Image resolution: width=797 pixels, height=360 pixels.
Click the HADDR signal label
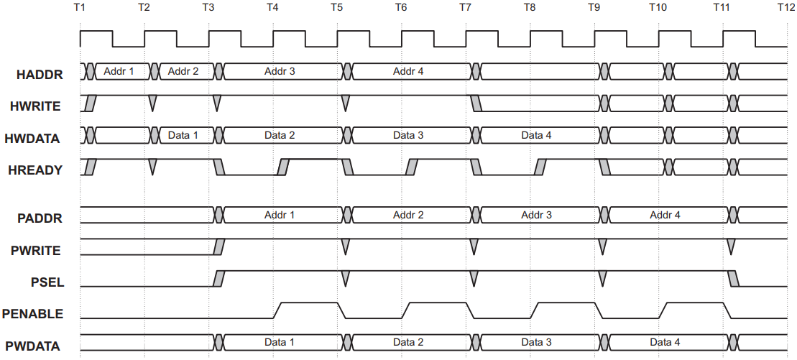tap(40, 75)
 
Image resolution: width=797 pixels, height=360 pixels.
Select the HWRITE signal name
tap(35, 107)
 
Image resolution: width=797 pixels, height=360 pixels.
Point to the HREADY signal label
tap(35, 170)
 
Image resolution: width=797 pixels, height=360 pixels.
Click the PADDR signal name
tap(40, 218)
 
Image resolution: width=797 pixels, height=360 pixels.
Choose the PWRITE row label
tap(36, 251)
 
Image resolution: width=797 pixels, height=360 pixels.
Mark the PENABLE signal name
tap(33, 314)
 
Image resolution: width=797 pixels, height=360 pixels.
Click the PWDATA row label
tap(33, 346)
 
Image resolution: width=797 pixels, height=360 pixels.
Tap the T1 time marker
tap(80, 8)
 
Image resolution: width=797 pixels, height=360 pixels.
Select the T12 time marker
tap(788, 8)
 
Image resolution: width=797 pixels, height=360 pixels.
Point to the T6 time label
tap(401, 8)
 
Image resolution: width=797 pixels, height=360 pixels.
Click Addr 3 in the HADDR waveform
tap(280, 72)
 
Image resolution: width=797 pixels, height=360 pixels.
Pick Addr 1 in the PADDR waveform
tap(280, 215)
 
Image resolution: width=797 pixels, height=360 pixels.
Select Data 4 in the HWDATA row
tap(536, 135)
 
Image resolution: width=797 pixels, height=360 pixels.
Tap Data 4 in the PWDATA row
tap(665, 342)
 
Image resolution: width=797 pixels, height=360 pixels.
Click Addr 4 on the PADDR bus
tap(665, 215)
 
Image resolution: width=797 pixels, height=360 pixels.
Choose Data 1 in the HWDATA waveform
tap(183, 135)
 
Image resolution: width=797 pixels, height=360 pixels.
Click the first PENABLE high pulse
tap(305, 303)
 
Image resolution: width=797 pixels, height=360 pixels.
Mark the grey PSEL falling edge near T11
tap(733, 279)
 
